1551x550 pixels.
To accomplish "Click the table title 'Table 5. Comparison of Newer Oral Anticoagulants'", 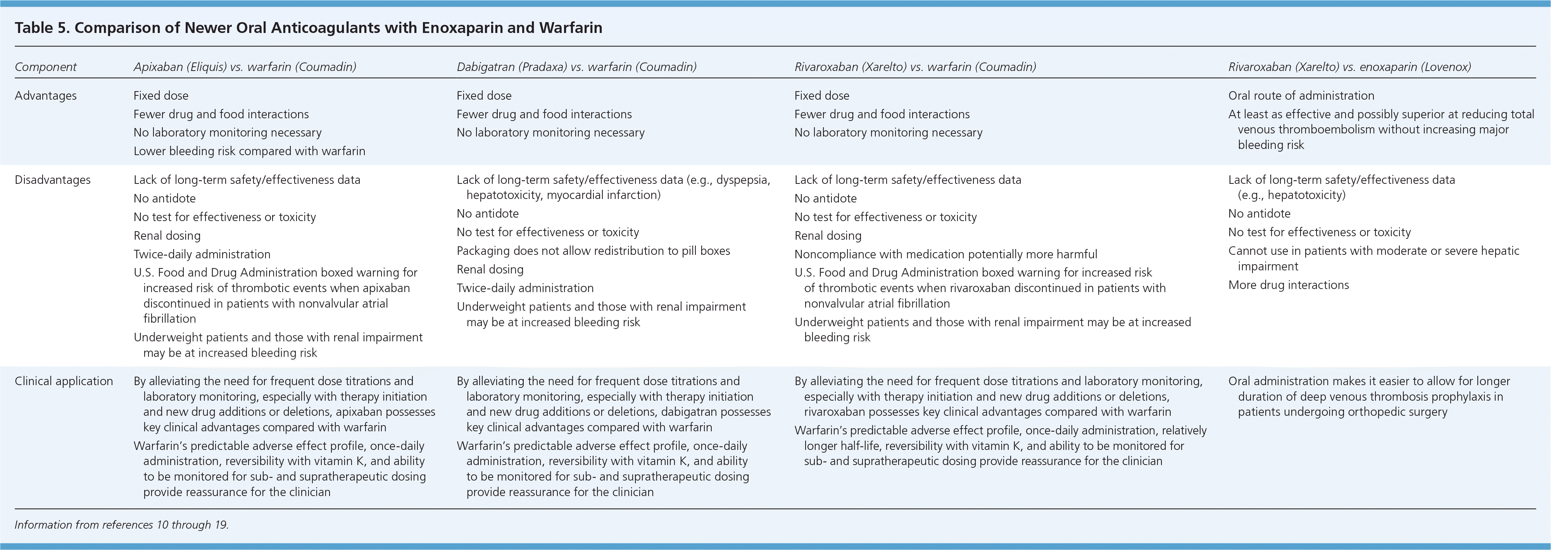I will point(308,28).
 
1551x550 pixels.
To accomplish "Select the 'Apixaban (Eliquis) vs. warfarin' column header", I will point(245,67).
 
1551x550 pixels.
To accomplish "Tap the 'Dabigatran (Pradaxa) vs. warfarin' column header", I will point(576,67).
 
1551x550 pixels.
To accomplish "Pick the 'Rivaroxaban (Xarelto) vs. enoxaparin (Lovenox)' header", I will point(1349,67).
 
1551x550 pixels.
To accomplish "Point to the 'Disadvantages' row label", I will point(52,180).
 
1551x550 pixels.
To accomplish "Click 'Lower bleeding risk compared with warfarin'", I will point(249,151).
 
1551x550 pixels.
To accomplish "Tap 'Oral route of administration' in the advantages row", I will point(1301,96).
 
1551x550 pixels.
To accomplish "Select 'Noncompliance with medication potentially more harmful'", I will point(945,254).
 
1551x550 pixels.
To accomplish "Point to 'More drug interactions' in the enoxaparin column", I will point(1289,285).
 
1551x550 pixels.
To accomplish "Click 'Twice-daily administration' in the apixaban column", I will point(202,254).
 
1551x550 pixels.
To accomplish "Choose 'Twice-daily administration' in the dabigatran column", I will point(525,288).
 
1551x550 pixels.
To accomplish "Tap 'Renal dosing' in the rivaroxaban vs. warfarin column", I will point(828,235).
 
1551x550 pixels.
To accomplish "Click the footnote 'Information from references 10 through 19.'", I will point(122,525).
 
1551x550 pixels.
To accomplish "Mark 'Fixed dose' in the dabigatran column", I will point(483,96).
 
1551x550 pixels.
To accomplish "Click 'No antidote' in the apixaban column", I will point(164,198).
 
